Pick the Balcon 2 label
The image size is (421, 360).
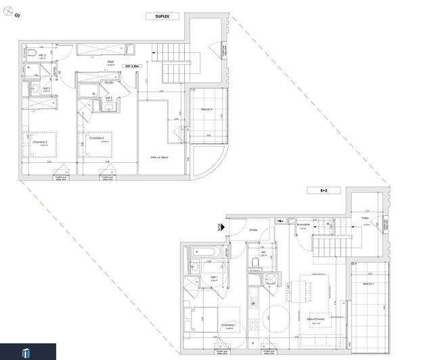point(207,110)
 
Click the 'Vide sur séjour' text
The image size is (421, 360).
point(160,158)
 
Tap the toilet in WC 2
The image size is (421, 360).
point(32,52)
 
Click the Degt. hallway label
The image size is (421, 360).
point(110,62)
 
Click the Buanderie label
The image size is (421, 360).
point(303,225)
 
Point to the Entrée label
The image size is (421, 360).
point(253,230)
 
